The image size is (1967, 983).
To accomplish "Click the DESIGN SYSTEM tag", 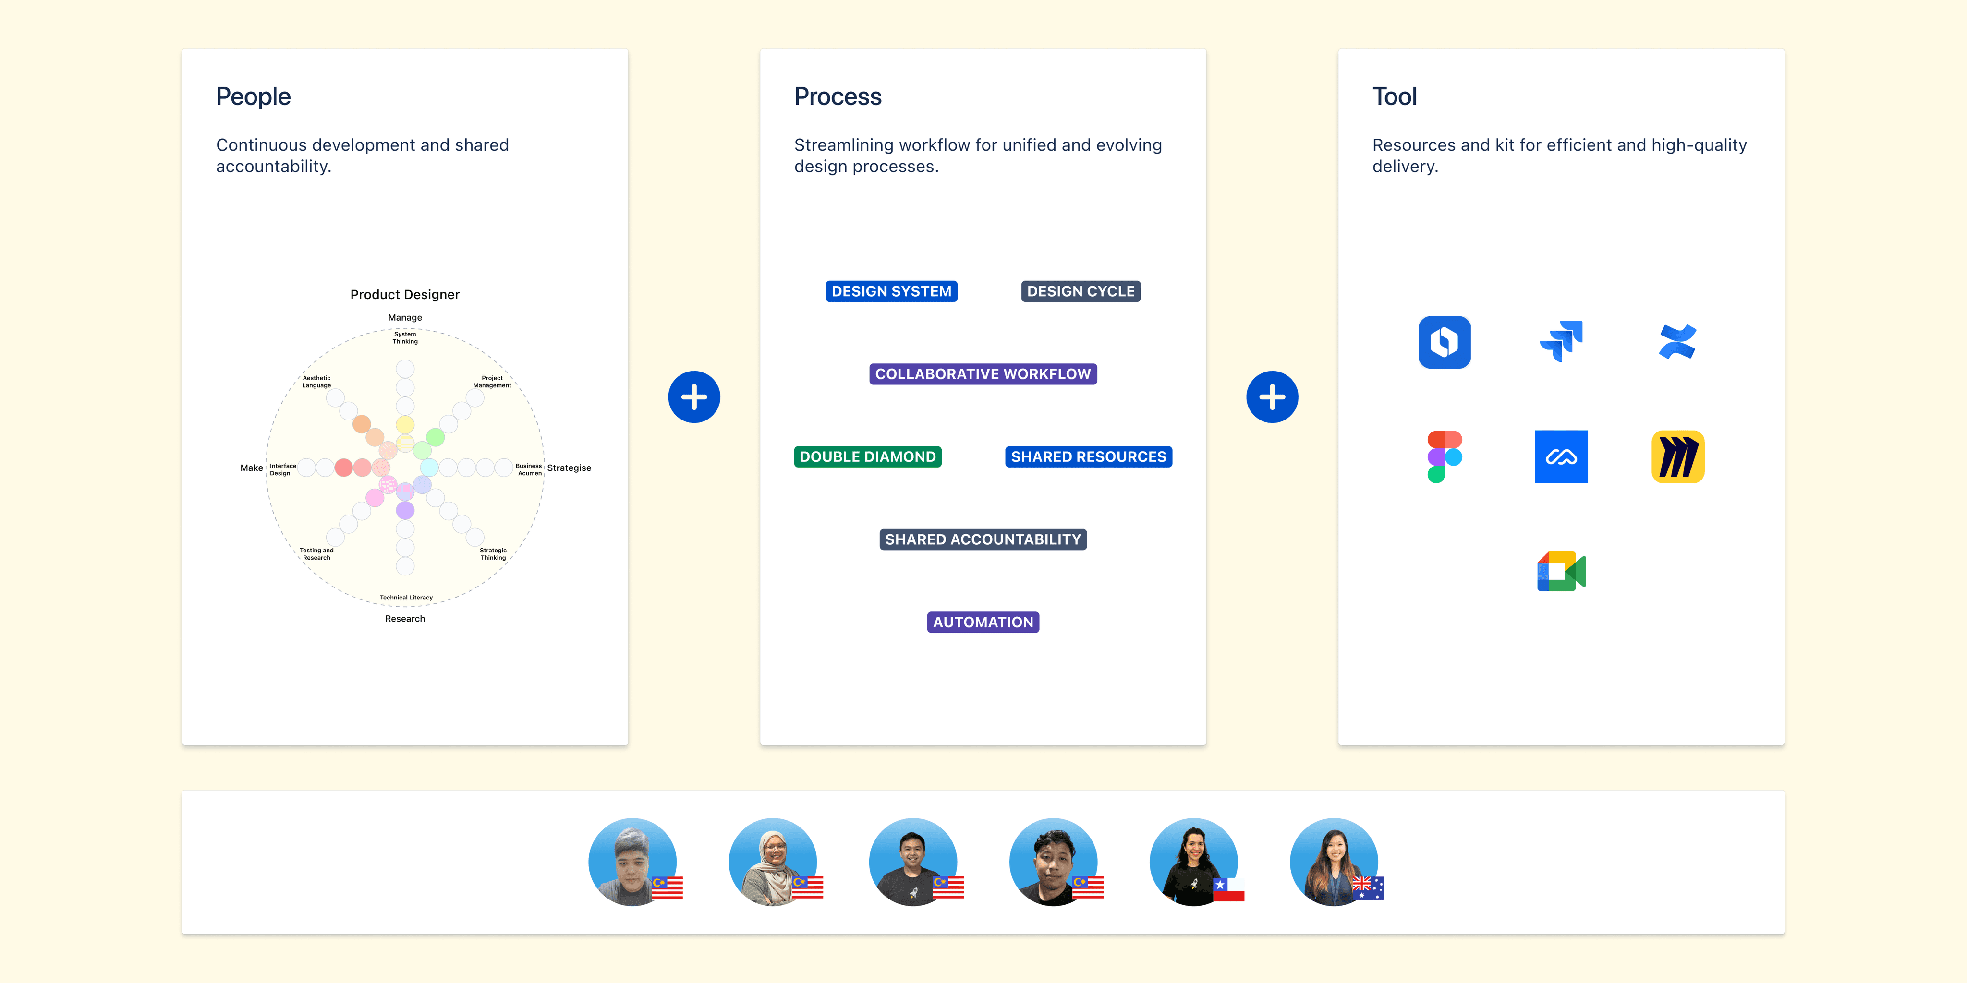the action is click(891, 291).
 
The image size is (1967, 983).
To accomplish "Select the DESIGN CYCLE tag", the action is click(1081, 291).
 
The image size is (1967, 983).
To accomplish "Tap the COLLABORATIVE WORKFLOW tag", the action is click(983, 374).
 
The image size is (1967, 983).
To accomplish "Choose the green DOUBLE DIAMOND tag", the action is click(867, 457).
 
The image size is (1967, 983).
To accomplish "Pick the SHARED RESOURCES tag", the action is click(1088, 457).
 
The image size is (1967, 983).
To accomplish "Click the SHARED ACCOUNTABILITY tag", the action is click(983, 539).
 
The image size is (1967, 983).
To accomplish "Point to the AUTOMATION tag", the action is click(983, 623).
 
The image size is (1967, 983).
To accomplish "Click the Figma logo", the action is click(1445, 457).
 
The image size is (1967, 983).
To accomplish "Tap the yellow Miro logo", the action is click(1677, 457).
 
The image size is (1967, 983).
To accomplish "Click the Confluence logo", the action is click(1677, 342).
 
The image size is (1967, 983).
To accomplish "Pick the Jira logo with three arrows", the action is click(1562, 341).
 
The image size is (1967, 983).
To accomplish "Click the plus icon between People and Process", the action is click(694, 397).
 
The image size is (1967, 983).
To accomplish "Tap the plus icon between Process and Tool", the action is click(1272, 397).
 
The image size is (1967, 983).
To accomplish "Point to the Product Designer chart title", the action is click(405, 295).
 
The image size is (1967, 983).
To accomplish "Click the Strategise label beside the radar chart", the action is click(569, 468).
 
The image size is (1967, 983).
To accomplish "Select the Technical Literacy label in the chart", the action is click(406, 598).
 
